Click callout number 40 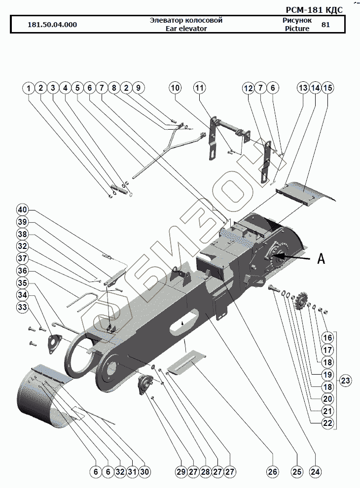coord(23,209)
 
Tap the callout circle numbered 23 coord(345,381)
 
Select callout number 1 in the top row coord(29,88)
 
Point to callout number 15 coord(328,88)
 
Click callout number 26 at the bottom coord(272,472)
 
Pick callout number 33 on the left coord(23,308)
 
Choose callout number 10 coord(176,88)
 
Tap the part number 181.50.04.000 coord(52,25)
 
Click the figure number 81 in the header coord(325,25)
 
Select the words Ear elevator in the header coord(186,29)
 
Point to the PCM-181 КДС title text coord(314,10)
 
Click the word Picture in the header coord(297,29)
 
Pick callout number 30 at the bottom coord(144,472)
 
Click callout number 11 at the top coord(199,88)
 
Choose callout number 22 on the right coord(328,423)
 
